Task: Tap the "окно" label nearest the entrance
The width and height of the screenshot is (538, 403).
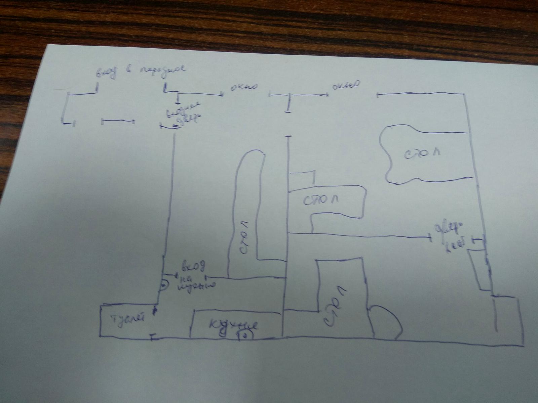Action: click(244, 88)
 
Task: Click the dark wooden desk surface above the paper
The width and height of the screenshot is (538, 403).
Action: click(269, 20)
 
